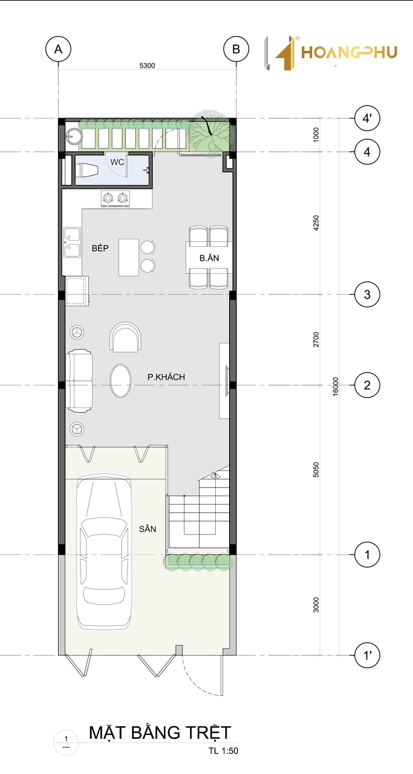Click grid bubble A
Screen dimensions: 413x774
[x=58, y=49]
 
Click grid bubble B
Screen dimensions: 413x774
[x=236, y=49]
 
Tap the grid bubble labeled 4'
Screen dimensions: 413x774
[x=367, y=118]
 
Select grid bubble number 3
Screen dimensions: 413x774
[x=367, y=294]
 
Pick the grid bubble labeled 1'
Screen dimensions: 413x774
[x=367, y=655]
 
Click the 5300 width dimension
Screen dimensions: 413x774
[x=147, y=66]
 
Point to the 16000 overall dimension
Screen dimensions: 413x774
[x=336, y=386]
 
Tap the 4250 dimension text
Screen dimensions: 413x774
[x=316, y=223]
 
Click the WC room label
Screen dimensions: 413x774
[x=117, y=162]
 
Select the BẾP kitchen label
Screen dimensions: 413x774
[x=100, y=248]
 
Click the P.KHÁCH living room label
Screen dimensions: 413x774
[x=166, y=377]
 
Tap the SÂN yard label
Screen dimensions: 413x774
[x=148, y=529]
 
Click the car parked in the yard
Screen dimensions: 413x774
[x=104, y=553]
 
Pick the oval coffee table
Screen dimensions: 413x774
[x=121, y=381]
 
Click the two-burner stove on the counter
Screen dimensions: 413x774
[x=116, y=198]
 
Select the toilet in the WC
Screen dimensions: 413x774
[x=87, y=170]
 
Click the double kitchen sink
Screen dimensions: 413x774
[x=72, y=242]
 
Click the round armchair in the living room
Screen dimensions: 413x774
[x=125, y=337]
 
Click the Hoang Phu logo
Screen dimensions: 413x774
[x=331, y=53]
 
